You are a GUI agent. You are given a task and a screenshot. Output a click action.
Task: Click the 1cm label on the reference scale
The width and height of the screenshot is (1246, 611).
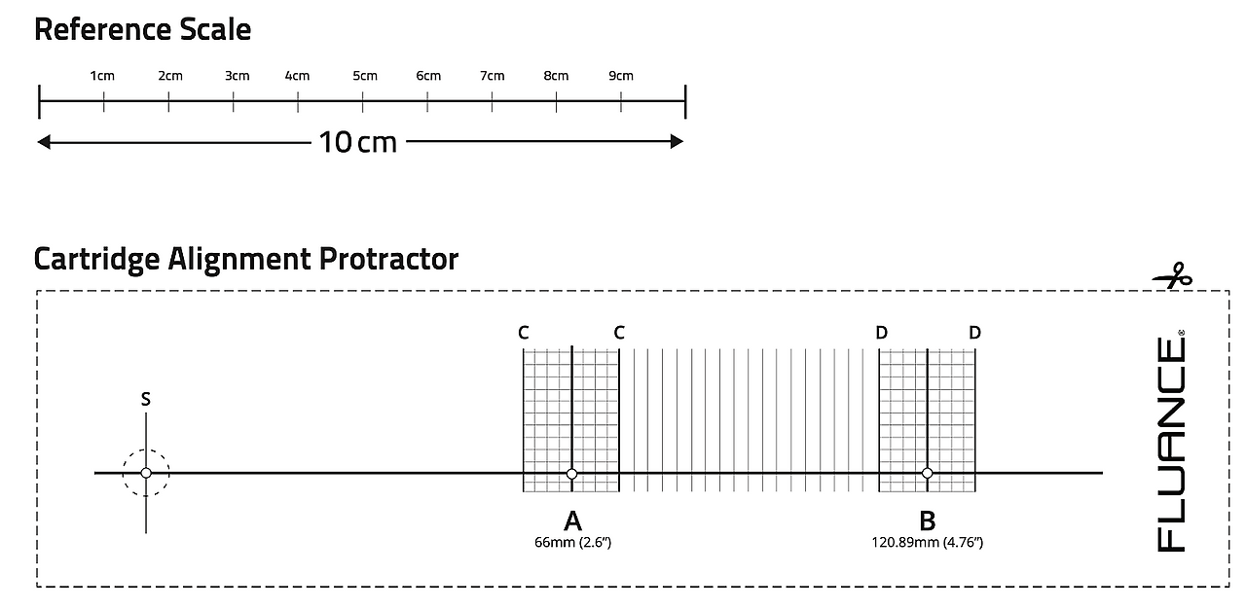[x=102, y=76]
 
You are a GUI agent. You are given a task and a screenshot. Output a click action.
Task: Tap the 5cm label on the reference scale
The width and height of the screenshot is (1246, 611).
[x=365, y=76]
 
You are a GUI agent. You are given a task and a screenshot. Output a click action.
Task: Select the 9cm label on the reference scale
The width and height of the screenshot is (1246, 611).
[x=621, y=76]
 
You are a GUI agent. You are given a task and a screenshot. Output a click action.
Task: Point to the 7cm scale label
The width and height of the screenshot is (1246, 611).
[x=493, y=76]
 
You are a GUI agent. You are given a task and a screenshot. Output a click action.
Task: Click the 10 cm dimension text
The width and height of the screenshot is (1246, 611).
[x=358, y=142]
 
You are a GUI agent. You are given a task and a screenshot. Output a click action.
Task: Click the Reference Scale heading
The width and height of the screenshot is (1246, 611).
[x=142, y=29]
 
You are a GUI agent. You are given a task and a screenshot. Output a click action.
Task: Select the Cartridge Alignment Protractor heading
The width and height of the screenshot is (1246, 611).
[x=245, y=259]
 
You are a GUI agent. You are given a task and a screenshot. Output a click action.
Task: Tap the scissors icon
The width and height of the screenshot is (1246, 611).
[x=1173, y=277]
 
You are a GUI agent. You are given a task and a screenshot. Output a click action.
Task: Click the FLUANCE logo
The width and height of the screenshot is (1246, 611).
[x=1171, y=441]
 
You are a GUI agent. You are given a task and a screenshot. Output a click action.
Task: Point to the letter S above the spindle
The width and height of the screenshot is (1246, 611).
[x=146, y=399]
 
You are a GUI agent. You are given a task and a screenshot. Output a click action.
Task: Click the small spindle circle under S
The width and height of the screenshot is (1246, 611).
[x=146, y=473]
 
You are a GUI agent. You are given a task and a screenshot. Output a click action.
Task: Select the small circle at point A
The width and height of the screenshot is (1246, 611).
[x=571, y=474]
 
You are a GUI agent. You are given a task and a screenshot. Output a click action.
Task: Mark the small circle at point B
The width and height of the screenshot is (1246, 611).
[x=927, y=474]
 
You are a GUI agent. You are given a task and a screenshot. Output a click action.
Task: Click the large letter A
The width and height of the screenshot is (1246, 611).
[x=572, y=521]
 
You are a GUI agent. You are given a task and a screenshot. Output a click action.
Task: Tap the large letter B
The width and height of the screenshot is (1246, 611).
[x=927, y=521]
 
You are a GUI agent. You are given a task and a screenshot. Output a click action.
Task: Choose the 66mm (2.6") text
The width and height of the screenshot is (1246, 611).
[x=572, y=542]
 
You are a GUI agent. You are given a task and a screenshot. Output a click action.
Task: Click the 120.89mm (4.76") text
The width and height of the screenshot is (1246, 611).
[x=927, y=542]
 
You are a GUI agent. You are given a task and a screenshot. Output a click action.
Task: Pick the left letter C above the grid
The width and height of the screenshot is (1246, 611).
[x=524, y=333]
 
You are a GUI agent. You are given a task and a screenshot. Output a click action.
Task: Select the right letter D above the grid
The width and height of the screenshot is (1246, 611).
[x=974, y=333]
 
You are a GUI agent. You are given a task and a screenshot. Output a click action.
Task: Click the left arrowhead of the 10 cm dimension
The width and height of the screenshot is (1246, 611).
[x=44, y=142]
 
